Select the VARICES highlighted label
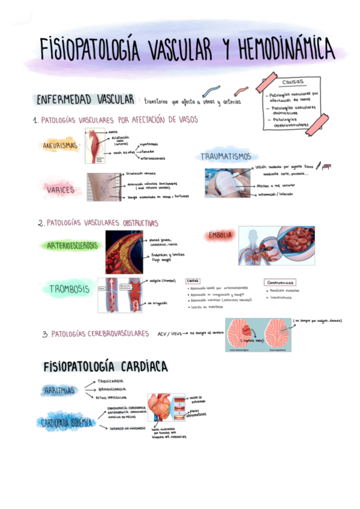point(61,190)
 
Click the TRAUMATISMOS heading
point(226,157)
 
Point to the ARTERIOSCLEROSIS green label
point(70,245)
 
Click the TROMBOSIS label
point(70,289)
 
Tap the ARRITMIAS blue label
point(60,391)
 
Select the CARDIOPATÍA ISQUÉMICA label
point(65,423)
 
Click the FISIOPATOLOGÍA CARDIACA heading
point(106,366)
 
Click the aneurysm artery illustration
point(95,146)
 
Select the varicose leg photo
point(104,187)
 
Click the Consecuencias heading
point(280,282)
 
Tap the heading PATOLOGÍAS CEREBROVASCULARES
point(100,333)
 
